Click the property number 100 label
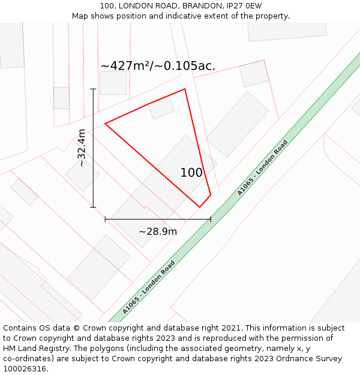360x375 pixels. [x=191, y=173]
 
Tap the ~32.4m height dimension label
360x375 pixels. [x=82, y=148]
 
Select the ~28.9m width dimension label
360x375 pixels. [x=158, y=232]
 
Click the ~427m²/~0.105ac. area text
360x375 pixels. [x=158, y=66]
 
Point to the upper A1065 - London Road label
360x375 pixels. [x=262, y=168]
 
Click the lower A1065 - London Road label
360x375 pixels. [x=148, y=287]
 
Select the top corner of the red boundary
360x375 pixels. [x=185, y=89]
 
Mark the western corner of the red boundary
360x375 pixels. [x=106, y=124]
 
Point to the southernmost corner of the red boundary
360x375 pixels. [x=200, y=207]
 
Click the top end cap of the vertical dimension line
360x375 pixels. [x=93, y=89]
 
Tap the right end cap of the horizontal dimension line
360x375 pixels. [x=211, y=219]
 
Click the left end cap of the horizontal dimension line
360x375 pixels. [x=106, y=219]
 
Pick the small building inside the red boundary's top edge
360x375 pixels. [x=161, y=108]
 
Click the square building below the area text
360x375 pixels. [x=113, y=83]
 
